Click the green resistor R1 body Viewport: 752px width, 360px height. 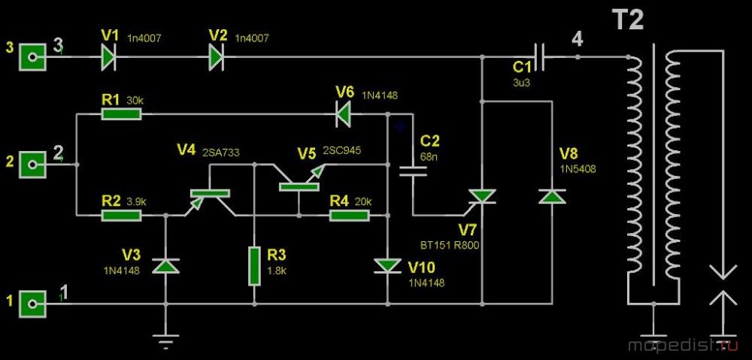[x=121, y=114]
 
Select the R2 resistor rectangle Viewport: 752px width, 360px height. [x=121, y=215]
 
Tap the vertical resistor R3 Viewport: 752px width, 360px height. [x=254, y=267]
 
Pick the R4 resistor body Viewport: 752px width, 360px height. [x=350, y=215]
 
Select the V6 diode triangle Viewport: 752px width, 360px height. [x=344, y=114]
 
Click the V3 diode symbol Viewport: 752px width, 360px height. [x=165, y=266]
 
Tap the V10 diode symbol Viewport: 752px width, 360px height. [x=387, y=266]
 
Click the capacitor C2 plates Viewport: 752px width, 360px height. [x=413, y=171]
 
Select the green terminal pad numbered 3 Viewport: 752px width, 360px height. [x=32, y=57]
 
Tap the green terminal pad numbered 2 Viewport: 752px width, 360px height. [x=32, y=165]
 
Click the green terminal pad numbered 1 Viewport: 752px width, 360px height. [x=32, y=304]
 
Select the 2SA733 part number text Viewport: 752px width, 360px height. [x=221, y=152]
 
